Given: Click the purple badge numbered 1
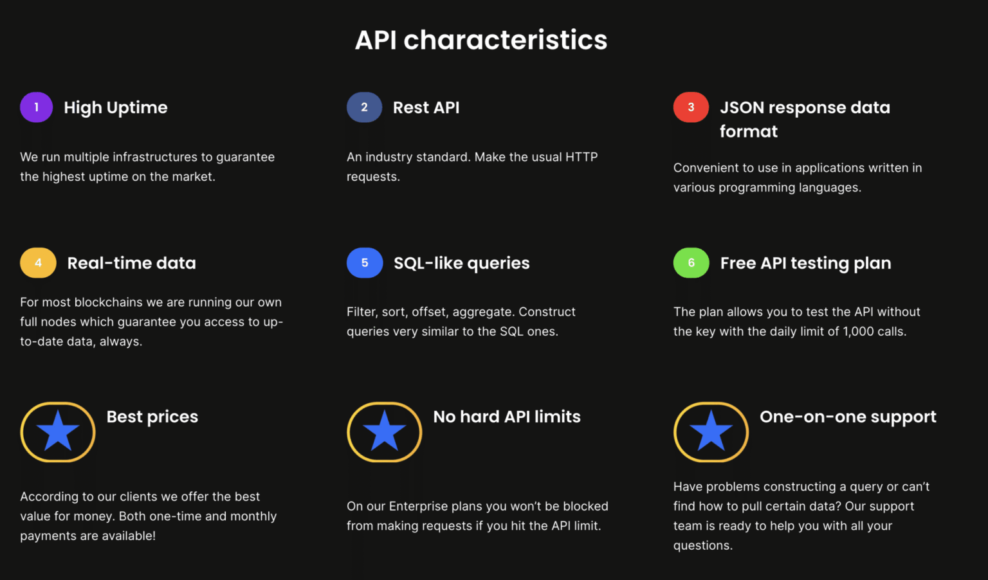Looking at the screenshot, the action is pyautogui.click(x=36, y=107).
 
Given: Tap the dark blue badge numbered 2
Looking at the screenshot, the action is pyautogui.click(x=364, y=107).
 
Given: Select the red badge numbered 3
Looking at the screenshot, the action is pyautogui.click(x=691, y=107).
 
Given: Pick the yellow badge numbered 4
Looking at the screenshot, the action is pyautogui.click(x=38, y=263).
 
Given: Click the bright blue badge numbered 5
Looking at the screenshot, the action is pyautogui.click(x=365, y=263).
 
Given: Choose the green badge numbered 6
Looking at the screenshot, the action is pyautogui.click(x=691, y=263).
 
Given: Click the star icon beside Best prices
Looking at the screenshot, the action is pyautogui.click(x=58, y=432).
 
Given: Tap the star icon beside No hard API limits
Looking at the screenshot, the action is pyautogui.click(x=385, y=432).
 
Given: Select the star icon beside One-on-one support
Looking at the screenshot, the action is pyautogui.click(x=711, y=432).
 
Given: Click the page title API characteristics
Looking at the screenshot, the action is pyautogui.click(x=481, y=40).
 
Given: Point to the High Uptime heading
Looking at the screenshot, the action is pyautogui.click(x=116, y=108).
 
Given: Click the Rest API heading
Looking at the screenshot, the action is pyautogui.click(x=426, y=107).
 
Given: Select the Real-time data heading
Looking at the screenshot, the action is pyautogui.click(x=131, y=264).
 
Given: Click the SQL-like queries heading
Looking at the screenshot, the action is pyautogui.click(x=462, y=264).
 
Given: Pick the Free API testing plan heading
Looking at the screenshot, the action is pyautogui.click(x=806, y=264).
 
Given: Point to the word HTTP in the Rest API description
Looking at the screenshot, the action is pyautogui.click(x=581, y=157).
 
